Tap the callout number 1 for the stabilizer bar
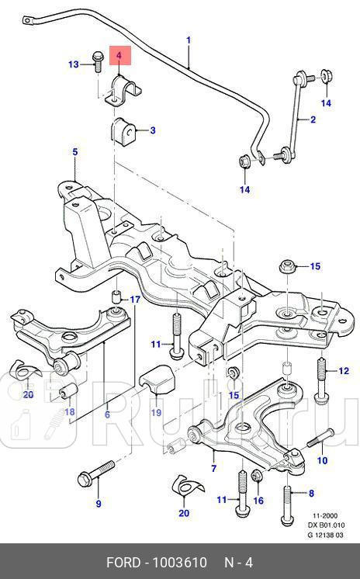[x=188, y=40]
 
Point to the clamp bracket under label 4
[x=124, y=92]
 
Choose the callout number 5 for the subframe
[x=75, y=152]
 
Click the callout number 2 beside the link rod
[x=313, y=120]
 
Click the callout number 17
[x=134, y=300]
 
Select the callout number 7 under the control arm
[x=214, y=469]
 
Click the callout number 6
[x=107, y=414]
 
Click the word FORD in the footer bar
[x=129, y=563]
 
